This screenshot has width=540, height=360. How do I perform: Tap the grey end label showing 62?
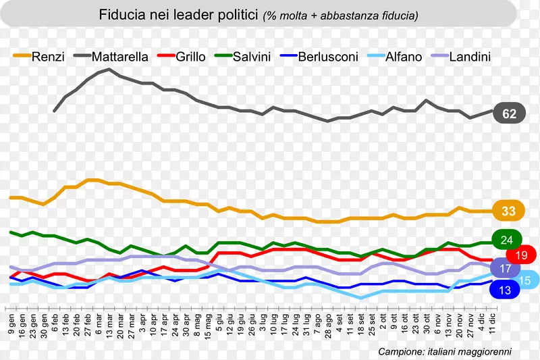pos(510,114)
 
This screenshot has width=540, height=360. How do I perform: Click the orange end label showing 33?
pos(509,211)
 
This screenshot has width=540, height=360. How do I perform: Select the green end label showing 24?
pos(508,240)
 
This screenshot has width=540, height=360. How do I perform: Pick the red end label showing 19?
pos(521,255)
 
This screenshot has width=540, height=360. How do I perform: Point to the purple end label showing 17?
pos(504,268)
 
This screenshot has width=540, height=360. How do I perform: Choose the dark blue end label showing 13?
pos(504,290)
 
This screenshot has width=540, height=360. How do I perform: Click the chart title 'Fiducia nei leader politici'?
pos(178,14)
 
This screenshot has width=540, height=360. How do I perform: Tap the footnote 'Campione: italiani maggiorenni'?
pos(445,351)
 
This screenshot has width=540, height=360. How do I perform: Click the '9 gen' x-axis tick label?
pos(11,324)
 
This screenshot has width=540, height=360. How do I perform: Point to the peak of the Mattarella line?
pos(109,69)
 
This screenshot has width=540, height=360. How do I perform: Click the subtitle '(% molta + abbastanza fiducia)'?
pos(340,15)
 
